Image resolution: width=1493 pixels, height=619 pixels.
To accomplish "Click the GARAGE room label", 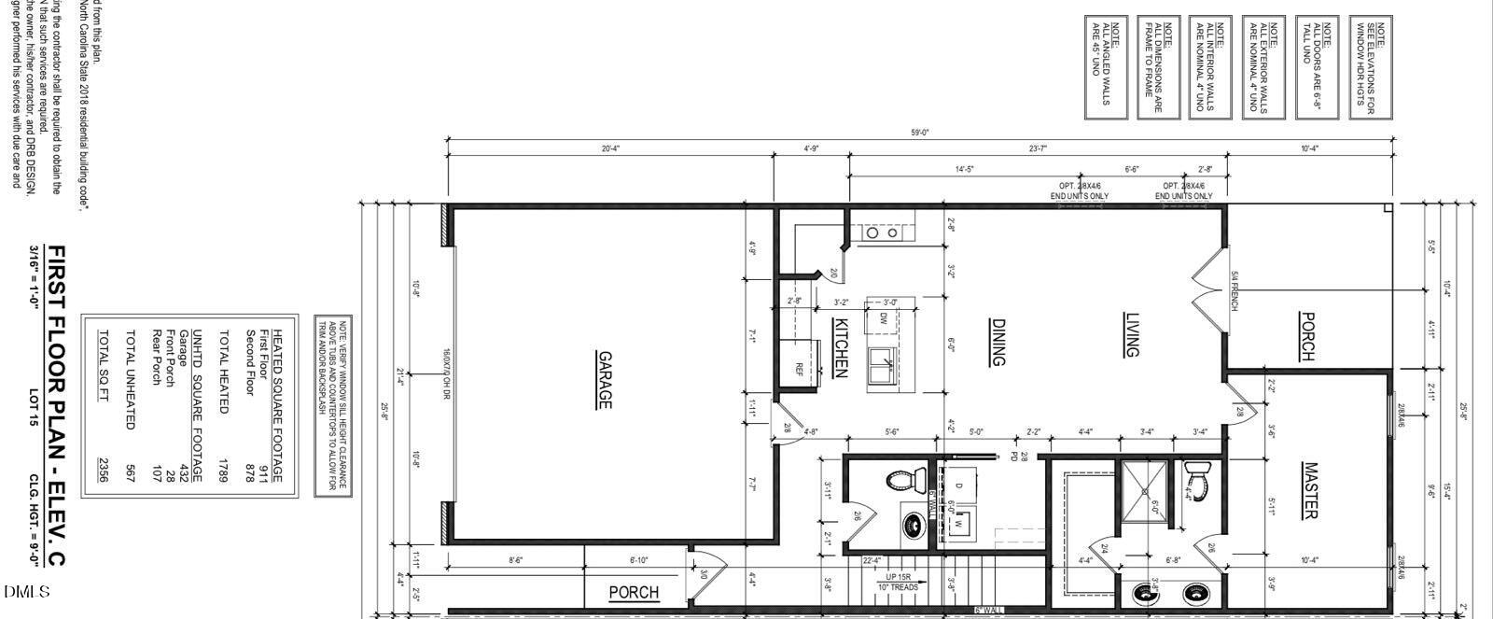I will click(605, 380).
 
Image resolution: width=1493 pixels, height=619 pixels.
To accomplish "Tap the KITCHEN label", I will click(839, 347).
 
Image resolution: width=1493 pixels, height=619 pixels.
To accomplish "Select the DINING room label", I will click(998, 343).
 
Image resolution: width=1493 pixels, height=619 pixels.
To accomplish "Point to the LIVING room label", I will click(1131, 334).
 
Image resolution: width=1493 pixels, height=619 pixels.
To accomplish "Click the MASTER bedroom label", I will click(1309, 490).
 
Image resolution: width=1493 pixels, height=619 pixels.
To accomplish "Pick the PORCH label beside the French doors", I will click(1307, 336).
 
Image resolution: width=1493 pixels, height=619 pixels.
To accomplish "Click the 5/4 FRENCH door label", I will click(1234, 290).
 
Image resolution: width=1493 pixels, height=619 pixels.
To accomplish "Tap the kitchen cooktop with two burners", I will click(882, 232).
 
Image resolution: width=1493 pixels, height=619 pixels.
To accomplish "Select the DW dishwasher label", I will click(884, 318).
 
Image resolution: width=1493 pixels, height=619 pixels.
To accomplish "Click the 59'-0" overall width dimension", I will click(920, 133).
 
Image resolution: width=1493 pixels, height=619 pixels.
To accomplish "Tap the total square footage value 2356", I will click(104, 471).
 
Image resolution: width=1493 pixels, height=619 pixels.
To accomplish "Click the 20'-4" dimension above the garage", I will click(610, 148).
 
